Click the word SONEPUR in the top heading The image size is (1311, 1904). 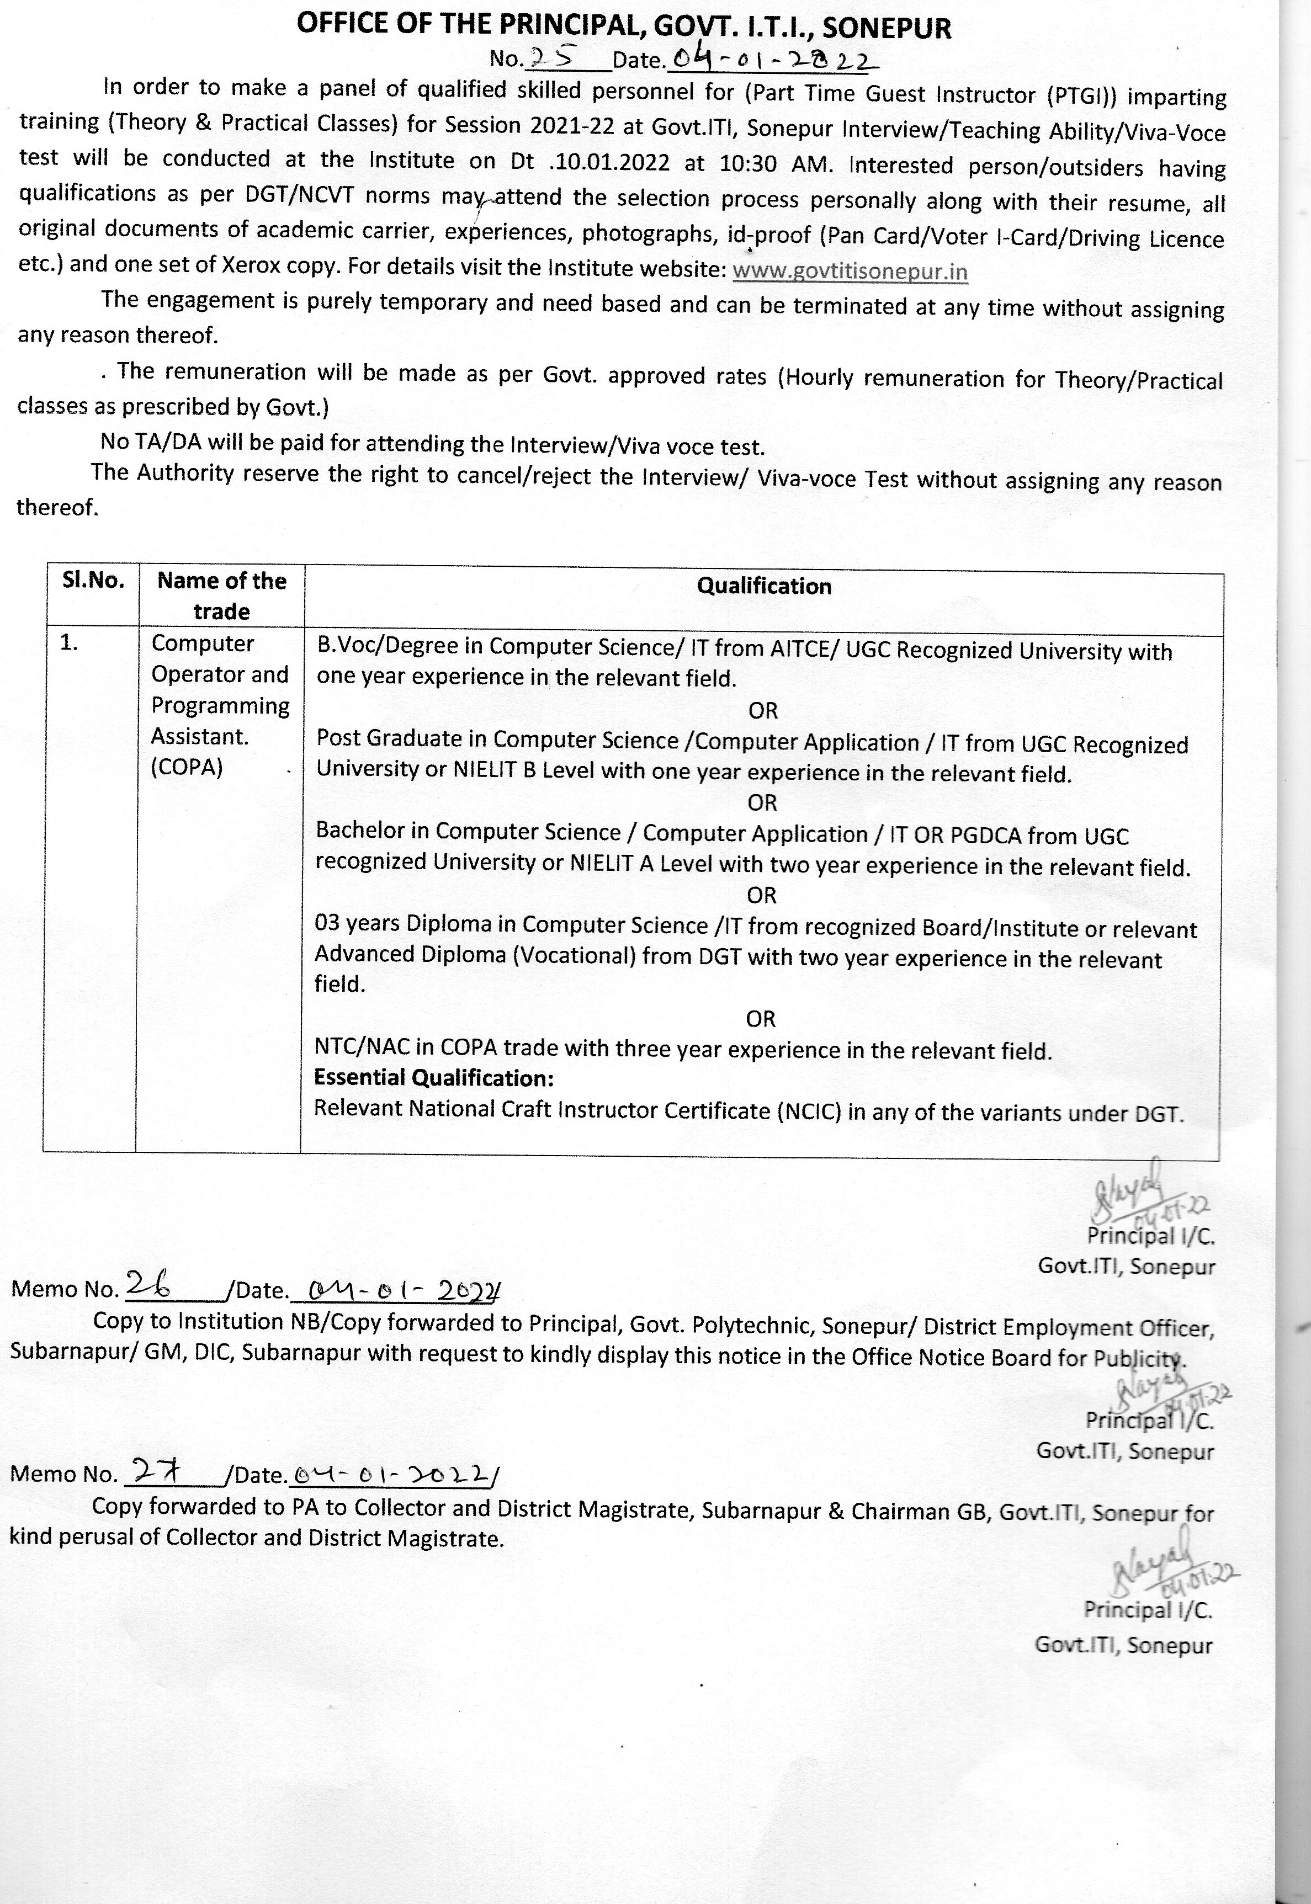(887, 29)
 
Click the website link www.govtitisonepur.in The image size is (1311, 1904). (850, 271)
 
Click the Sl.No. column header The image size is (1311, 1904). (93, 581)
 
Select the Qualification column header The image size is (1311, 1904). (764, 586)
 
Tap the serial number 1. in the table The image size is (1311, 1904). (69, 643)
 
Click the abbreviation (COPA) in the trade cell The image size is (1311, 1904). (187, 767)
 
